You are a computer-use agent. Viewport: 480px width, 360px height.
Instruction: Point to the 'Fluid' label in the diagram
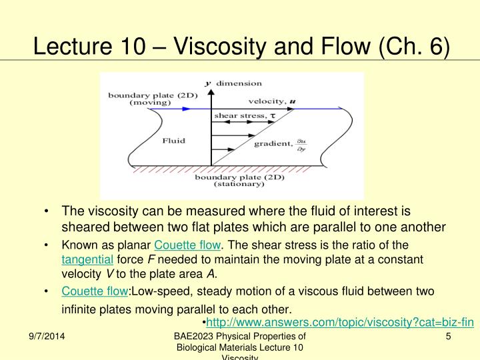[173, 141]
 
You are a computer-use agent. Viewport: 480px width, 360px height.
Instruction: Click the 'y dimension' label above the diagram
[233, 83]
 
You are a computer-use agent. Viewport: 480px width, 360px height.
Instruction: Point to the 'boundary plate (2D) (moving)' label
[141, 98]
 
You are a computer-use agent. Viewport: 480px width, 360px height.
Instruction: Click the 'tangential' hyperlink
[87, 259]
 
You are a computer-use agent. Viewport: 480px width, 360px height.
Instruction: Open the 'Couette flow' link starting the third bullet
[94, 291]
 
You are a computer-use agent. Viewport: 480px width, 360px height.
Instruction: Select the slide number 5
[449, 337]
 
